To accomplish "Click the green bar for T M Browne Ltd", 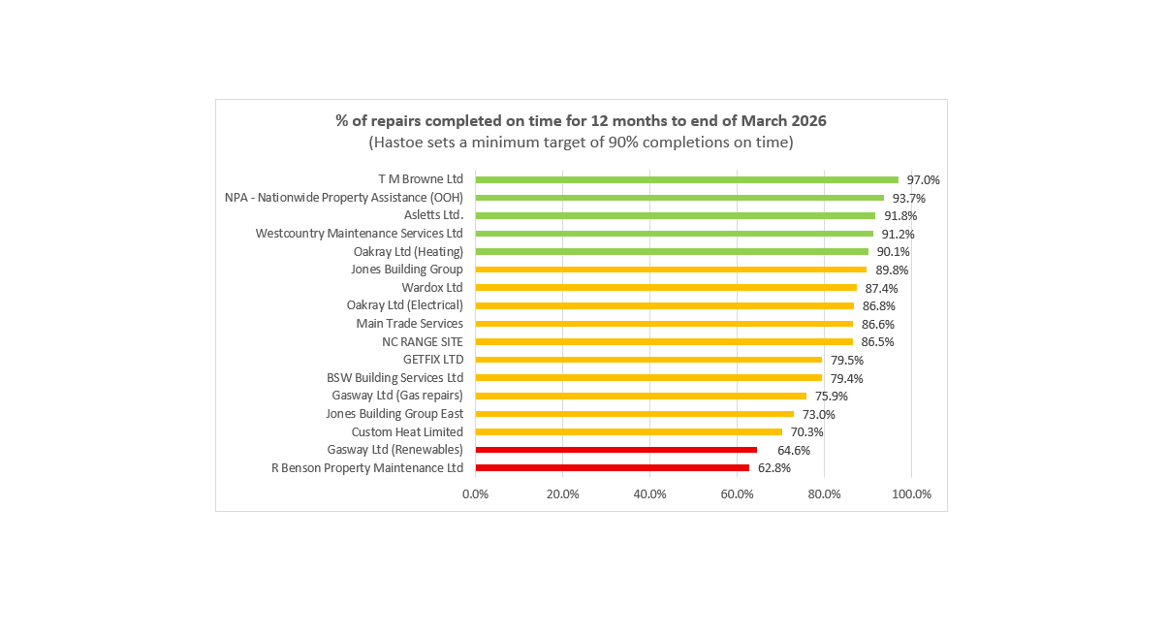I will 686,179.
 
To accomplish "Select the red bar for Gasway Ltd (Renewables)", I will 615,450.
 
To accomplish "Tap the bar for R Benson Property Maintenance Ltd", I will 612,467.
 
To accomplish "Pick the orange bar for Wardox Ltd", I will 666,288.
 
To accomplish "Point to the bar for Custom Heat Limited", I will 628,431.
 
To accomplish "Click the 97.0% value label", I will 923,180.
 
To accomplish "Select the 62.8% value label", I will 773,468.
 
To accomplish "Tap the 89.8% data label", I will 891,270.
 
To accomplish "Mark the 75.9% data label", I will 831,396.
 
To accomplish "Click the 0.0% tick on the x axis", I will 475,494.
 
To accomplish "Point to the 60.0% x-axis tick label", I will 737,494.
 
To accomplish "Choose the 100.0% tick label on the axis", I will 911,494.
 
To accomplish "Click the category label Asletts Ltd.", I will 433,215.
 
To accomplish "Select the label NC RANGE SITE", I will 423,341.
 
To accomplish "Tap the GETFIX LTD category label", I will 432,360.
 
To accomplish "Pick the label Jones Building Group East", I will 394,414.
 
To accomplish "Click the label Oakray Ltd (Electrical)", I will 404,305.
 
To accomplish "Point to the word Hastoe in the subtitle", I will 398,143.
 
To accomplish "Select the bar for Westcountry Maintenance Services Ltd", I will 674,234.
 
